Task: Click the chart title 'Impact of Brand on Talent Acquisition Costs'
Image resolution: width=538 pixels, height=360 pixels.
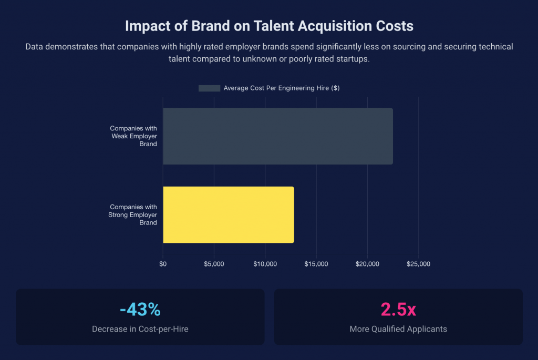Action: click(x=269, y=26)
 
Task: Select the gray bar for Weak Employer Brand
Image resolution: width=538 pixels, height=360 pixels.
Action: click(x=277, y=136)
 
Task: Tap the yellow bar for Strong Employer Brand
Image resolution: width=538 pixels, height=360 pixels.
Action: click(x=228, y=214)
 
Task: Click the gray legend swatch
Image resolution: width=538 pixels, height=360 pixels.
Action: click(x=209, y=88)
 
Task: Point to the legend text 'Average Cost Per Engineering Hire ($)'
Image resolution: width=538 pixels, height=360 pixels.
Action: click(x=281, y=88)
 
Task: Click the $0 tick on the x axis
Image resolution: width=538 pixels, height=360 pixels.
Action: click(x=163, y=264)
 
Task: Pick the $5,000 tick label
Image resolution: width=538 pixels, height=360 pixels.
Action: click(x=214, y=264)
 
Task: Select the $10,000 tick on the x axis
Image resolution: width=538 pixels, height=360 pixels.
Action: click(x=265, y=264)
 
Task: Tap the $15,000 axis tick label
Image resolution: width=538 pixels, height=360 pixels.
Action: click(x=316, y=264)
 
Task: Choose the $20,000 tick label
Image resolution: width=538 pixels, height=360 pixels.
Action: click(x=367, y=264)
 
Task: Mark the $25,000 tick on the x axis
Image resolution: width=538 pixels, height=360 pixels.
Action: click(x=418, y=264)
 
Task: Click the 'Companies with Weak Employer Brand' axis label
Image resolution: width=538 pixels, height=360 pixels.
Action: click(x=133, y=136)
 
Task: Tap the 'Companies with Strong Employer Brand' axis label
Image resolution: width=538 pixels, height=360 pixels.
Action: click(x=133, y=214)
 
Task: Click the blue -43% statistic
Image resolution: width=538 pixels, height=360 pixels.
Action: click(x=140, y=310)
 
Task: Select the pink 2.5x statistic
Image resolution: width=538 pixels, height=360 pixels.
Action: click(x=398, y=310)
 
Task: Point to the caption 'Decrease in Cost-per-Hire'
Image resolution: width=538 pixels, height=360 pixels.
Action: click(x=140, y=329)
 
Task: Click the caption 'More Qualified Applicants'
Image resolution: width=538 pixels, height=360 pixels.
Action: click(x=398, y=329)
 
